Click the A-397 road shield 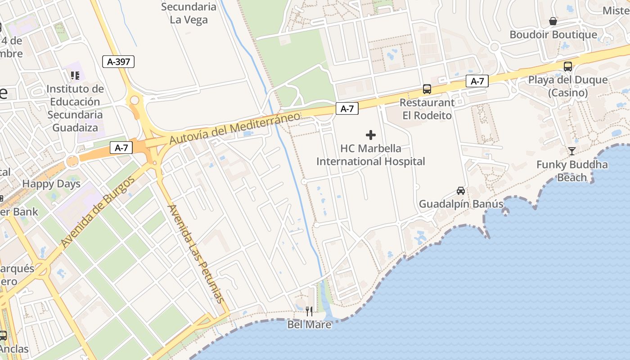pyautogui.click(x=119, y=62)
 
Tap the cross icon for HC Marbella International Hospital pyautogui.click(x=371, y=135)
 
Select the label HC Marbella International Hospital pyautogui.click(x=370, y=155)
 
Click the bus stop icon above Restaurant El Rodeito pyautogui.click(x=427, y=89)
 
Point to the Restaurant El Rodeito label pyautogui.click(x=427, y=109)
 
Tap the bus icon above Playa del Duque pyautogui.click(x=568, y=67)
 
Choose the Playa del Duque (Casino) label pyautogui.click(x=568, y=86)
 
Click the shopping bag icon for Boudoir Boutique pyautogui.click(x=553, y=22)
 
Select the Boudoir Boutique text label pyautogui.click(x=553, y=35)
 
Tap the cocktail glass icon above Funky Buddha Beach pyautogui.click(x=572, y=151)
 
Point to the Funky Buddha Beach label pyautogui.click(x=572, y=171)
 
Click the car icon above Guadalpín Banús pyautogui.click(x=461, y=191)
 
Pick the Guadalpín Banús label pyautogui.click(x=461, y=204)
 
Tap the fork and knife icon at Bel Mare pyautogui.click(x=309, y=311)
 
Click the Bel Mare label pyautogui.click(x=309, y=324)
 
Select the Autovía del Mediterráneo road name pyautogui.click(x=234, y=129)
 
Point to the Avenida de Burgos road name pyautogui.click(x=98, y=212)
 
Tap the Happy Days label pyautogui.click(x=51, y=184)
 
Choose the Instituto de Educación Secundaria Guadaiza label pyautogui.click(x=75, y=108)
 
